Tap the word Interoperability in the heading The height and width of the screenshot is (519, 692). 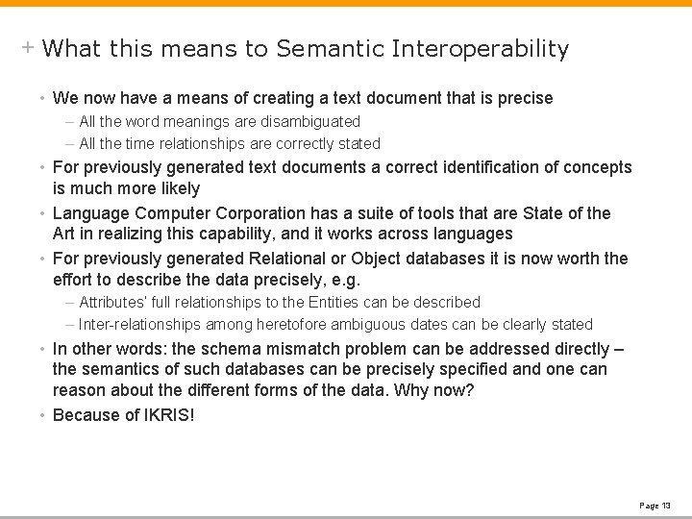(481, 48)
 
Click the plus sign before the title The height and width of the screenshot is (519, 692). (29, 47)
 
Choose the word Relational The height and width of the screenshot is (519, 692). (285, 259)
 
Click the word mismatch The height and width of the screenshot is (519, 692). (284, 349)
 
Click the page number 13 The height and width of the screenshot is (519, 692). (666, 505)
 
